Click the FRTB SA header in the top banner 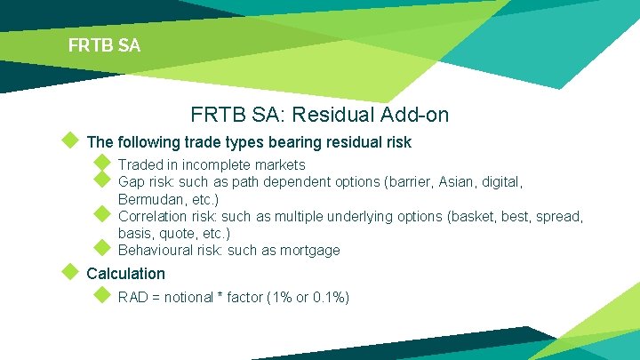click(104, 44)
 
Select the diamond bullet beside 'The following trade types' click(68, 140)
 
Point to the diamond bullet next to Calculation click(68, 272)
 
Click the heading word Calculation click(125, 274)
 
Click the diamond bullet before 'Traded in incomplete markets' click(101, 164)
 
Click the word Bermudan click(150, 199)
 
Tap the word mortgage click(310, 251)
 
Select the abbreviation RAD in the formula click(133, 297)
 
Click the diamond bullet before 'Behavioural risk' click(101, 249)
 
